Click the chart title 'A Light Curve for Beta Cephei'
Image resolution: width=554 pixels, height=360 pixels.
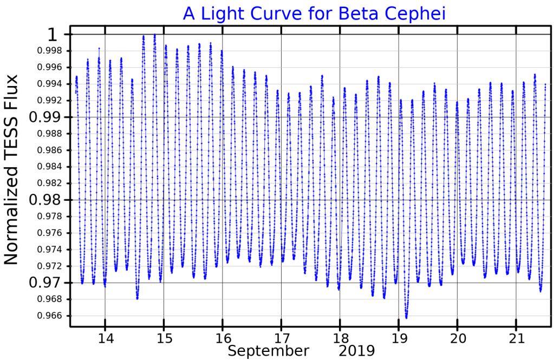[314, 14]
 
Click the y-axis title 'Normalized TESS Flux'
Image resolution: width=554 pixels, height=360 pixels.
[11, 169]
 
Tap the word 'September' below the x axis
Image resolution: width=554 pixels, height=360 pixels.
[268, 351]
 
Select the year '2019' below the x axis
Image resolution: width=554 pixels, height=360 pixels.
[357, 351]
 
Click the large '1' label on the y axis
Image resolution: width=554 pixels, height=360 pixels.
[52, 35]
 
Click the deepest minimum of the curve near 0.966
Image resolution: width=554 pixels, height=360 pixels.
[406, 317]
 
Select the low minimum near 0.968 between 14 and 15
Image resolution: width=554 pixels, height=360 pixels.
[138, 298]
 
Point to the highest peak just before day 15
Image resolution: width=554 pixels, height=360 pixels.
[154, 35]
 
